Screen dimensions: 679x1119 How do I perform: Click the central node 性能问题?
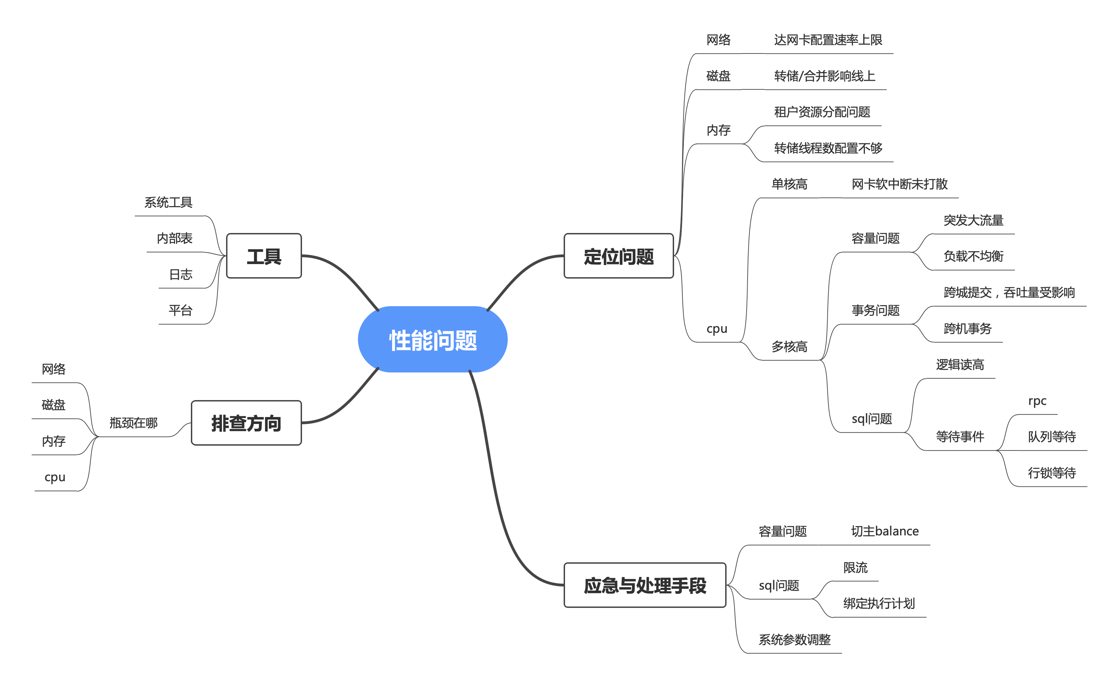point(432,340)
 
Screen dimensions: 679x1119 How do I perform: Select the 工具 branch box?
point(264,256)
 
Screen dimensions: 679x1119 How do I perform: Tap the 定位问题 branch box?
point(618,256)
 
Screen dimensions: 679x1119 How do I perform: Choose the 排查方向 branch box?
point(246,423)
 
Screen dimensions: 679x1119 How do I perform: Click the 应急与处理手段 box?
point(644,585)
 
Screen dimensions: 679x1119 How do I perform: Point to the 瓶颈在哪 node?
point(134,423)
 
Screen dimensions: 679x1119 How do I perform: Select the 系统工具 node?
point(169,202)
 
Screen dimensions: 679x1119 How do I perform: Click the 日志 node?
point(181,274)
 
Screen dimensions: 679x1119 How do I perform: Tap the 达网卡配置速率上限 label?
point(828,40)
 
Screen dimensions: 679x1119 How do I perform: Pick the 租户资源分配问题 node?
point(822,112)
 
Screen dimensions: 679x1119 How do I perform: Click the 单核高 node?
point(789,184)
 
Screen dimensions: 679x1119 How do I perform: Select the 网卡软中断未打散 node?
point(899,184)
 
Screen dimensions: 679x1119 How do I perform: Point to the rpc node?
point(1037,400)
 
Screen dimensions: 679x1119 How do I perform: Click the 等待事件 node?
point(960,436)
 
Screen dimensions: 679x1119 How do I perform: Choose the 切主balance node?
point(885,531)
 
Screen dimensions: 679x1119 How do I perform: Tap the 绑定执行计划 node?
point(879,603)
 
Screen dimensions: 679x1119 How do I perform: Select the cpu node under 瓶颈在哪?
point(55,477)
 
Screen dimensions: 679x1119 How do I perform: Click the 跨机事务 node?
point(967,328)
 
